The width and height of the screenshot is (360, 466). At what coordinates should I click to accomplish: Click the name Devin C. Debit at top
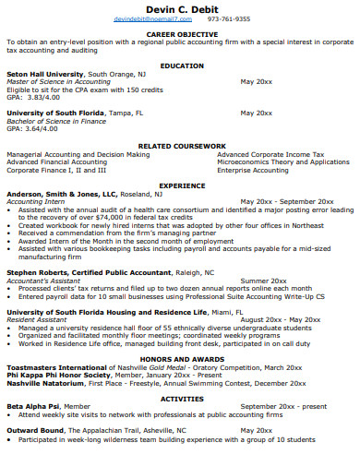181,7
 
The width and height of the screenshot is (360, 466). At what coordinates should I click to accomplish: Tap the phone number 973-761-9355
228,18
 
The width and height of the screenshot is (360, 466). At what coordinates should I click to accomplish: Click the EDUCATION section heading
182,66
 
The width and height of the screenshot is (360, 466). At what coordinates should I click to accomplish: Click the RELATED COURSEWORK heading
182,146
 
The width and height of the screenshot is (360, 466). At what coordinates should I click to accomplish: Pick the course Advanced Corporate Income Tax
270,154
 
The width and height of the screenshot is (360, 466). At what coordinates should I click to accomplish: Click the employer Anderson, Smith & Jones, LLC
62,194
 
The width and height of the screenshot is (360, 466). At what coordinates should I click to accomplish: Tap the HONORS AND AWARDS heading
182,359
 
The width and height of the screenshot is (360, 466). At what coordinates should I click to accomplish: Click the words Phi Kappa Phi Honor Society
52,375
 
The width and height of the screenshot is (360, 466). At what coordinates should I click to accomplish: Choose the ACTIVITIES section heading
182,398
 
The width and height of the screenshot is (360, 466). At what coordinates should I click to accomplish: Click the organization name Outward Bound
36,430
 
